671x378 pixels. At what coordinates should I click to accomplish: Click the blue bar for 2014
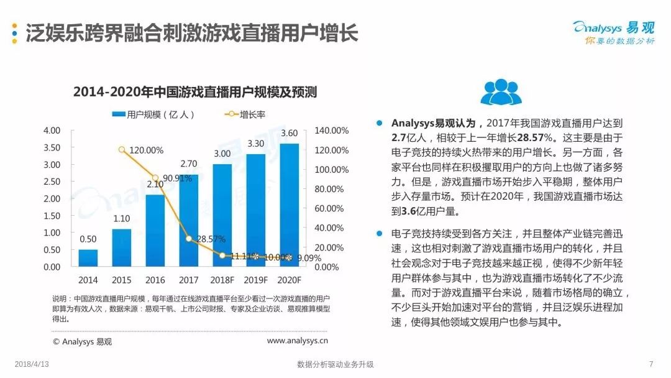tap(88, 258)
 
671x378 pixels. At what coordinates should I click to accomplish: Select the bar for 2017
tap(189, 221)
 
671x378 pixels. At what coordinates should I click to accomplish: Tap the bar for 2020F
tap(290, 205)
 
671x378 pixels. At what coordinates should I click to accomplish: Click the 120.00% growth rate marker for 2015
tap(122, 150)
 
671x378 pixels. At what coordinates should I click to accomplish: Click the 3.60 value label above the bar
tap(290, 133)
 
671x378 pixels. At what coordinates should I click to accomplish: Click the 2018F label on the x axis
tap(222, 280)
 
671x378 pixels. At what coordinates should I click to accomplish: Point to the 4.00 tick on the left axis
tap(52, 131)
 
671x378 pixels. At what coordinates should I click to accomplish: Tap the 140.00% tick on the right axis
tap(332, 131)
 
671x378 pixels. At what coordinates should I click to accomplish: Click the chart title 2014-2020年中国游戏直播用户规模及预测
tap(195, 93)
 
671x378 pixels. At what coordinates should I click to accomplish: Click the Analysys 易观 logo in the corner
tap(613, 31)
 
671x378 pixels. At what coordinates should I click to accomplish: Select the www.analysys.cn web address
tap(298, 341)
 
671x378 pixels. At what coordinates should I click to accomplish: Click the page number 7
tap(650, 364)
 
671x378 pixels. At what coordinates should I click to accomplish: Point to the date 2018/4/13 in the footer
tap(31, 364)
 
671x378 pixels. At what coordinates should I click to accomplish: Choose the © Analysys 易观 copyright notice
tap(83, 341)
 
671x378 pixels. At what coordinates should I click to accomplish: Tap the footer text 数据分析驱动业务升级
tap(335, 364)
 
